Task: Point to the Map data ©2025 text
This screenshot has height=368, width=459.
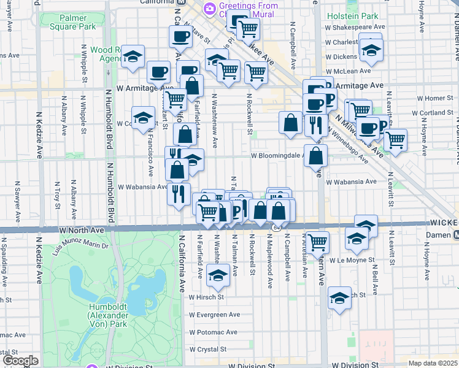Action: [432, 363]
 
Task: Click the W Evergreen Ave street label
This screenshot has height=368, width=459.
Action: [213, 315]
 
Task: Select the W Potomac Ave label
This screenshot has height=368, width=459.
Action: [213, 332]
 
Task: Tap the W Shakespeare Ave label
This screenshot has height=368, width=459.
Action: [355, 26]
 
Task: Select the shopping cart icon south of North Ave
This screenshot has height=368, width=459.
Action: [317, 241]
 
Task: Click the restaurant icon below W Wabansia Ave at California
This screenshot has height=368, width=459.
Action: [179, 194]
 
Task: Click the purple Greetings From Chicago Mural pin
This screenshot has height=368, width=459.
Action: [210, 8]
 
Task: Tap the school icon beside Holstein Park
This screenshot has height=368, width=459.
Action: [371, 50]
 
